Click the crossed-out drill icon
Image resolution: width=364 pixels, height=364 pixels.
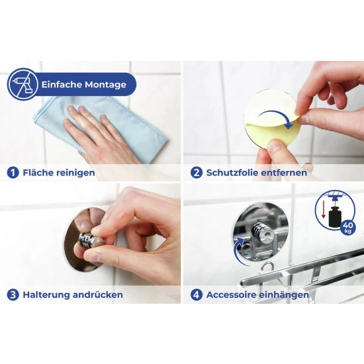point(23,84)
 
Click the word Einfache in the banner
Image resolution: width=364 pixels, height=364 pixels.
point(62,84)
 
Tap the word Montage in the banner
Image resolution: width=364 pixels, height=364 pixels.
point(105,85)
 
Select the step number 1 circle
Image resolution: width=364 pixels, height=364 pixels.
point(13,173)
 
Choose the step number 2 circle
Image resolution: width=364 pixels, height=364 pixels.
point(197,173)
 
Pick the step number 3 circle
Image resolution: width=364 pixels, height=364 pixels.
point(13,295)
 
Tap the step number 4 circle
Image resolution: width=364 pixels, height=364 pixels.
point(197,295)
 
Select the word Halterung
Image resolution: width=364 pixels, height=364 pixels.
point(46,295)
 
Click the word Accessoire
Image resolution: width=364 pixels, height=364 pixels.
point(231,295)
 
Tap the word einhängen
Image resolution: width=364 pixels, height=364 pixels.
point(283,295)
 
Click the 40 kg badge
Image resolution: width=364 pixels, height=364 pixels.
point(348,227)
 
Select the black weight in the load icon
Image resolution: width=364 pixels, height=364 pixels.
point(335,216)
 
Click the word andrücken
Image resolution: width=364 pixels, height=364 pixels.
point(98,295)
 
